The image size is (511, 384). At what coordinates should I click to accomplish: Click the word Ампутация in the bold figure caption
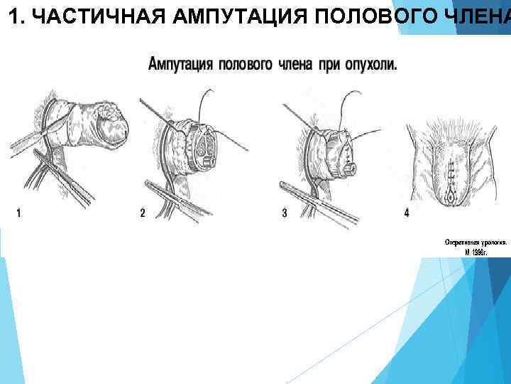(180, 64)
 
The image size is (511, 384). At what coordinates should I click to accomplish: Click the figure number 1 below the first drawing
(18, 213)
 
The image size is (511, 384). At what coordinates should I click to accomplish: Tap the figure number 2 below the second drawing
(143, 213)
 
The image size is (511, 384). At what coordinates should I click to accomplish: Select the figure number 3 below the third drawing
(285, 213)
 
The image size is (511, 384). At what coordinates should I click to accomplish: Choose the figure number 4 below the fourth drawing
(407, 213)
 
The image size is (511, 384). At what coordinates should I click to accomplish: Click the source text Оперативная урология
(475, 242)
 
